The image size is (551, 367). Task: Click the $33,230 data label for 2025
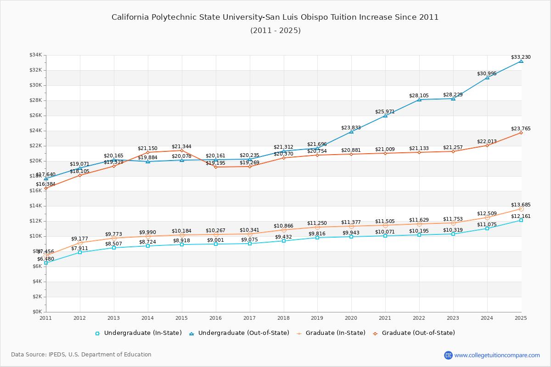point(521,57)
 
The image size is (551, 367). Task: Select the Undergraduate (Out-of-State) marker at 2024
point(487,78)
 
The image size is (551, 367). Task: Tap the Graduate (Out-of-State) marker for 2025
point(521,133)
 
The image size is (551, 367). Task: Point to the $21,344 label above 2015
point(181,147)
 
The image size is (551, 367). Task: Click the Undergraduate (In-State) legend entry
point(138,333)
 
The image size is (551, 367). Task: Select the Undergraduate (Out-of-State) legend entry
point(239,333)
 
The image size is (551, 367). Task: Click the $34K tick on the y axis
point(35,55)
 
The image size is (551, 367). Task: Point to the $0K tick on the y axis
point(37,312)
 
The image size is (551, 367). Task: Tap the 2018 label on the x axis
point(283,318)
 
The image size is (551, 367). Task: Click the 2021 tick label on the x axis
point(385,318)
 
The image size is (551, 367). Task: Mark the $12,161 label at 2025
point(521,216)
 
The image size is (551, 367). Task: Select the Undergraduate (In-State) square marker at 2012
point(80,252)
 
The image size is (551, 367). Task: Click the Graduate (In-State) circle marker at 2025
point(521,209)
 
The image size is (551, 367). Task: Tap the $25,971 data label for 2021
point(385,112)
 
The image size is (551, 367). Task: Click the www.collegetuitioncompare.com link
point(497,355)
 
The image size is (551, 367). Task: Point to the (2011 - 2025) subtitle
point(275,31)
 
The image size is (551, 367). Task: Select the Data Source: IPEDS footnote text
point(81,355)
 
